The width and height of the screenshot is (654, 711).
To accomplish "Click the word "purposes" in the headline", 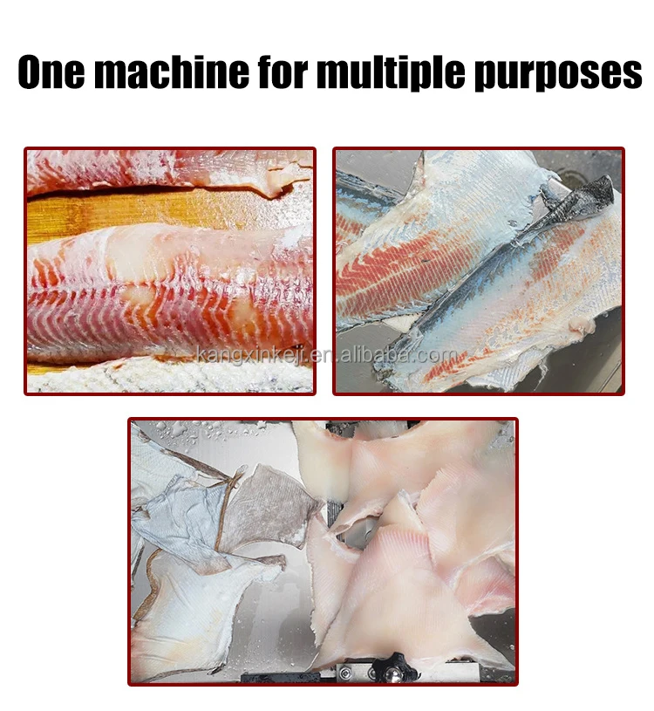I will (x=557, y=74).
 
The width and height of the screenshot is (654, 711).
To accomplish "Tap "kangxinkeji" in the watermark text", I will (x=254, y=355).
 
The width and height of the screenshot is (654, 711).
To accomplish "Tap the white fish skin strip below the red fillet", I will (x=166, y=376).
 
